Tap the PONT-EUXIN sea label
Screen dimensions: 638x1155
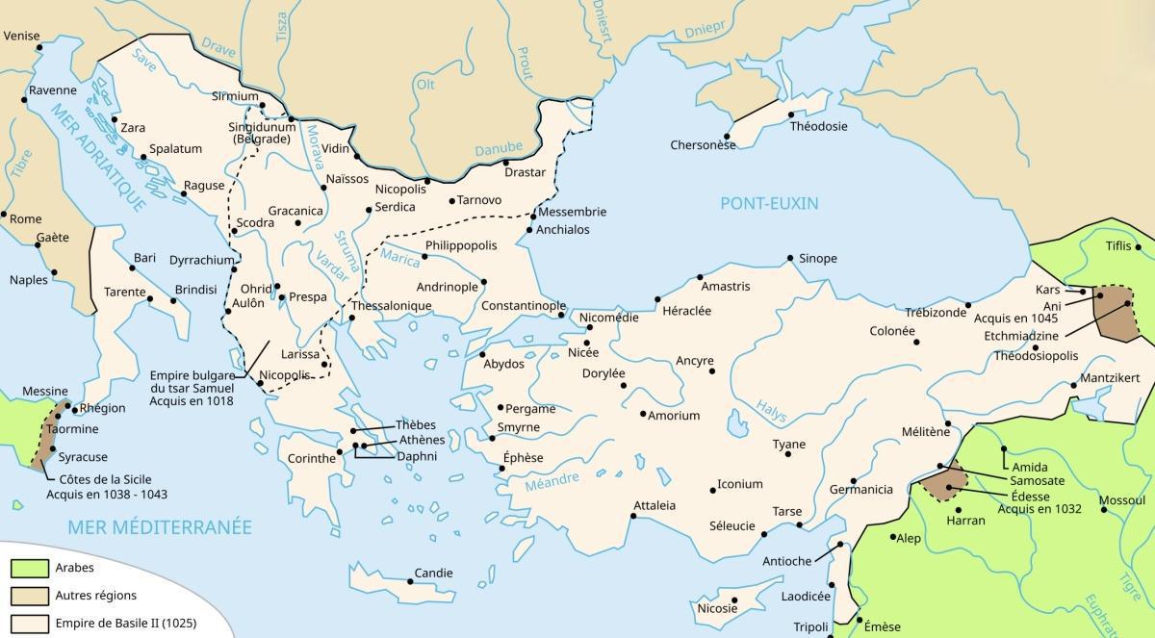pos(768,203)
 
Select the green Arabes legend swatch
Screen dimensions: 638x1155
pos(29,568)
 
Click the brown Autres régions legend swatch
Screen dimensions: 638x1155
pos(29,596)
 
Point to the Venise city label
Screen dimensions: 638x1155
pos(21,36)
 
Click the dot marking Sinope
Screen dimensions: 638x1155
pos(789,258)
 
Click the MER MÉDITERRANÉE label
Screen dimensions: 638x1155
pos(159,526)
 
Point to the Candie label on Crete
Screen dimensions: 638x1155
pos(433,574)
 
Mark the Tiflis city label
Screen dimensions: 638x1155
pos(1118,245)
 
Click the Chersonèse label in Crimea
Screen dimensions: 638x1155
pos(703,145)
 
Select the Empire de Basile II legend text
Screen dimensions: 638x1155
pos(125,623)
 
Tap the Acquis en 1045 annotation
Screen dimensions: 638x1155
pos(1015,318)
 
